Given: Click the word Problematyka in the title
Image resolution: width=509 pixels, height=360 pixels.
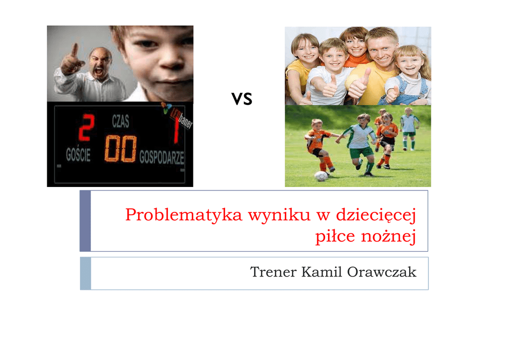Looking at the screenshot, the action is (x=184, y=215).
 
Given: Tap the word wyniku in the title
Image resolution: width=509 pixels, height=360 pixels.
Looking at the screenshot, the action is (x=279, y=215).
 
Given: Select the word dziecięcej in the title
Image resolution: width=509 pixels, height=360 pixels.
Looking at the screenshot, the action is (x=376, y=215).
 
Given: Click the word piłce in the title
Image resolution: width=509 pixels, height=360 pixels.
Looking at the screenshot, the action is (x=335, y=236).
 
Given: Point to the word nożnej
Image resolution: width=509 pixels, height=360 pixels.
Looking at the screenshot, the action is (x=389, y=236).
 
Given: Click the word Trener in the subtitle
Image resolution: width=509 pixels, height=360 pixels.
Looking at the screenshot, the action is (x=273, y=272).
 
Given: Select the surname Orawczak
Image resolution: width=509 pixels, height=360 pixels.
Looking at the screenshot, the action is (x=382, y=272).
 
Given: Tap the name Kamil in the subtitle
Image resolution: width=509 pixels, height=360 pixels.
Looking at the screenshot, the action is (x=322, y=272).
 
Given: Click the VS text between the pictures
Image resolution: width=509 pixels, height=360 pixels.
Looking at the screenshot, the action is (x=242, y=99).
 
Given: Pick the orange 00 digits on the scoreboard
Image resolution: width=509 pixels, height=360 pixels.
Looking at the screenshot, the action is (x=120, y=149).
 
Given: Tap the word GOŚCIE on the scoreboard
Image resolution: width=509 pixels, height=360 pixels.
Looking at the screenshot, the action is (x=78, y=155).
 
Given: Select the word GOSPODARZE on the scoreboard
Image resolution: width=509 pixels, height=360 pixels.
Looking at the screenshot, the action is (x=162, y=158).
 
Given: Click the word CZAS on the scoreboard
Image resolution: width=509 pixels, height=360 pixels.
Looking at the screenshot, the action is (x=120, y=121).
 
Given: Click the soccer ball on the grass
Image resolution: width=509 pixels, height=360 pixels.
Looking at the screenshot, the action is (x=321, y=176).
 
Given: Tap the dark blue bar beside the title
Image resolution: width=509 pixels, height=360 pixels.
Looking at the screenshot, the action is (x=85, y=221).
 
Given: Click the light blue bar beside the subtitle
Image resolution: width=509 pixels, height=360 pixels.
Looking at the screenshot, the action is (x=85, y=273).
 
